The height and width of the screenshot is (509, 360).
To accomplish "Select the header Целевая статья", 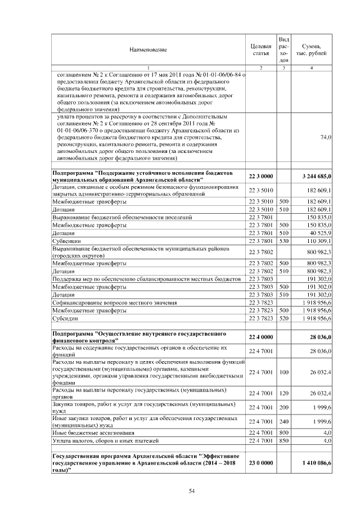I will [x=260, y=49].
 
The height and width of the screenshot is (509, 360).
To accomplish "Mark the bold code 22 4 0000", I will [x=260, y=337].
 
